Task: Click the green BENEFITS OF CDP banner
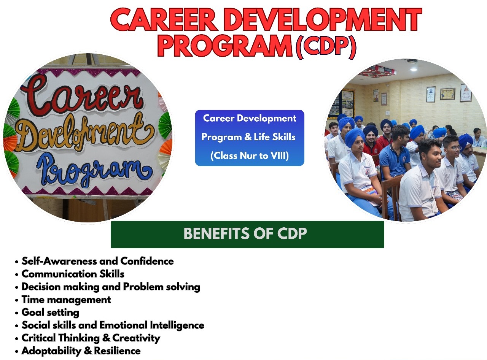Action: (247, 235)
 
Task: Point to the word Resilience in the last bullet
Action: (117, 351)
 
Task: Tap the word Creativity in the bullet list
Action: (136, 338)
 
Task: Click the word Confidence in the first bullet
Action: (147, 261)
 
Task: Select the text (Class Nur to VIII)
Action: (250, 156)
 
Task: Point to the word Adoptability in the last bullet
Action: (51, 351)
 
